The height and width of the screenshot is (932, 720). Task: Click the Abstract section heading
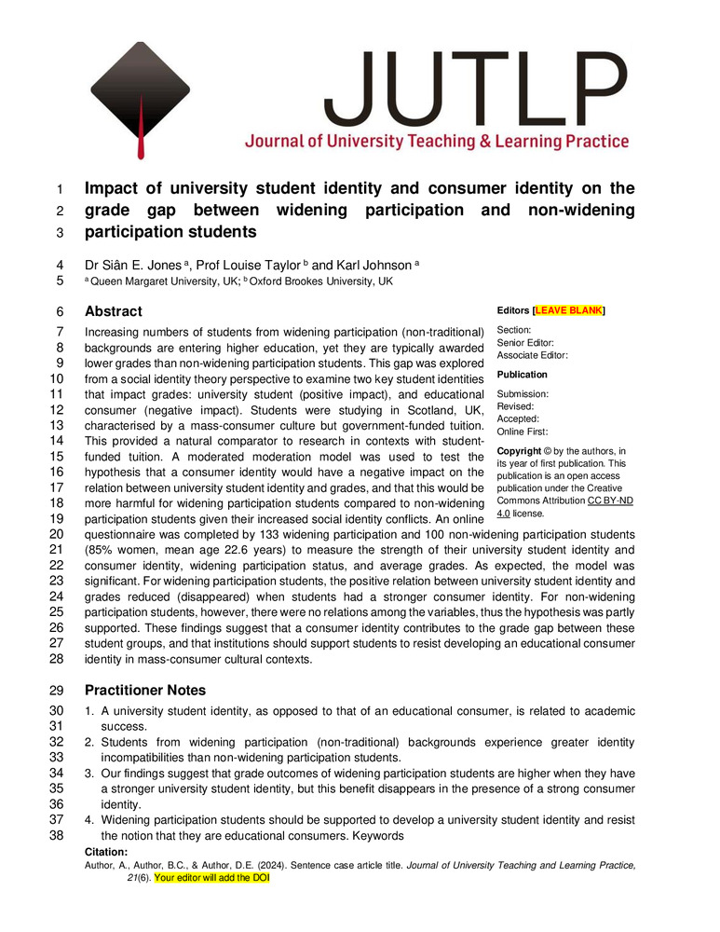[x=113, y=311]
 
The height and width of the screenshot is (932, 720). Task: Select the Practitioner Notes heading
[x=145, y=691]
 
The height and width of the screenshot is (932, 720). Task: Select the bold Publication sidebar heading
[x=523, y=375]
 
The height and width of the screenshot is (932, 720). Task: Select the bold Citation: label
[x=103, y=852]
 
